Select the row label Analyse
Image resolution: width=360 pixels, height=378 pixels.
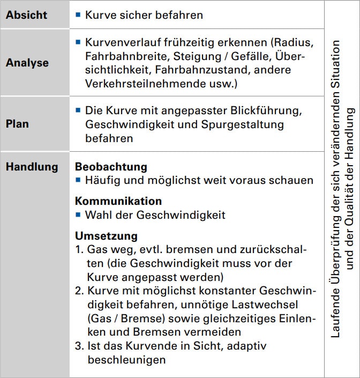pyautogui.click(x=27, y=63)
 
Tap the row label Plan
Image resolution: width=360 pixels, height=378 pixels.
pyautogui.click(x=17, y=124)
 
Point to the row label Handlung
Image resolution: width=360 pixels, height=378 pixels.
pyautogui.click(x=32, y=167)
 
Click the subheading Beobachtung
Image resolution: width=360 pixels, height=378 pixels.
pyautogui.click(x=111, y=167)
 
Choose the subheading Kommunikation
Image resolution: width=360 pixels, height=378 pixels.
pyautogui.click(x=118, y=201)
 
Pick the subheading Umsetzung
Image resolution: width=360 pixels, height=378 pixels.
pyautogui.click(x=106, y=236)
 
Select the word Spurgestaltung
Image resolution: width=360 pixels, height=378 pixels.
pyautogui.click(x=247, y=124)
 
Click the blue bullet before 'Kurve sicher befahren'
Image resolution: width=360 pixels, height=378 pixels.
pyautogui.click(x=78, y=15)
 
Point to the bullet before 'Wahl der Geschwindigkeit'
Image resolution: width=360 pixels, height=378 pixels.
pyautogui.click(x=78, y=215)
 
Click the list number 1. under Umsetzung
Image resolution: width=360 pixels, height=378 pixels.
pyautogui.click(x=79, y=250)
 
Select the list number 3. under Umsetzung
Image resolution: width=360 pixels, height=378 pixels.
pyautogui.click(x=79, y=346)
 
